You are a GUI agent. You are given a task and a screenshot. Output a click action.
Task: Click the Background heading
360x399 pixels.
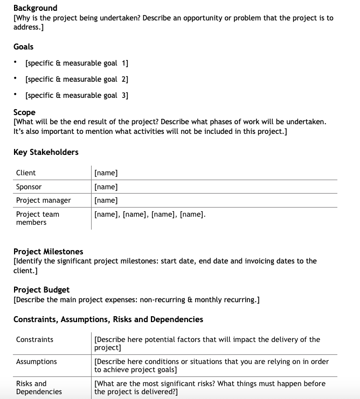click(35, 8)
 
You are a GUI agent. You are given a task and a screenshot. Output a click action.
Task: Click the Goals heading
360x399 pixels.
click(23, 47)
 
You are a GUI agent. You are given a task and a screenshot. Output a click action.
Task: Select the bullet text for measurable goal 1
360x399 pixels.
click(77, 63)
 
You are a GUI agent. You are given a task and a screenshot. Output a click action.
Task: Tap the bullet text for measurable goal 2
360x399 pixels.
click(77, 80)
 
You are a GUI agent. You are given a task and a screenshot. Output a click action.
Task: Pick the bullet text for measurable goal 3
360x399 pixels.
click(77, 96)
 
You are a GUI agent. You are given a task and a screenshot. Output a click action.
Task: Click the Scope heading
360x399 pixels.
click(24, 112)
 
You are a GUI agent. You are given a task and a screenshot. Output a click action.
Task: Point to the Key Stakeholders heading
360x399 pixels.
click(46, 152)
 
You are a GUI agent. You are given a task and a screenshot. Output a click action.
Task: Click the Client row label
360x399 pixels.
click(26, 173)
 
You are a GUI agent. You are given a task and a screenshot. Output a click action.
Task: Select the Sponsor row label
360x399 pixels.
click(29, 187)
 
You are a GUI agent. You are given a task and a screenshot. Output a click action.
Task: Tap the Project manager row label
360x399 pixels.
click(43, 200)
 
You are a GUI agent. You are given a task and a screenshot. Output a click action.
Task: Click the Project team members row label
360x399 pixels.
click(37, 218)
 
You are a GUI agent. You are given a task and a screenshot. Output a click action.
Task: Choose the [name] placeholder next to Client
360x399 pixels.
click(106, 173)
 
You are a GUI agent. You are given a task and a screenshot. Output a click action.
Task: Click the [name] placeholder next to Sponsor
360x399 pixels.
click(106, 187)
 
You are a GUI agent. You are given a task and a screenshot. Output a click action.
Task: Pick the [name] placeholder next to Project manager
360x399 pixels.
click(106, 200)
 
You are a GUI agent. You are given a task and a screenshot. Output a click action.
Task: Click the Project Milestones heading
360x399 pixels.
click(48, 252)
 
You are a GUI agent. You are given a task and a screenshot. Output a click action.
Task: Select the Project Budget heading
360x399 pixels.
click(41, 290)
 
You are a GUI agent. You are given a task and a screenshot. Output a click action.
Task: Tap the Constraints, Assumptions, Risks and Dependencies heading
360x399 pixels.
click(108, 319)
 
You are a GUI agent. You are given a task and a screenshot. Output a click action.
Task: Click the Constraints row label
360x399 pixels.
click(34, 339)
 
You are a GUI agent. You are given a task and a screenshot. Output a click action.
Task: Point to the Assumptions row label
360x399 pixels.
click(36, 361)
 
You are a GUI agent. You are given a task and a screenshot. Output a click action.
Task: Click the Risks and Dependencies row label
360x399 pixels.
click(39, 387)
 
